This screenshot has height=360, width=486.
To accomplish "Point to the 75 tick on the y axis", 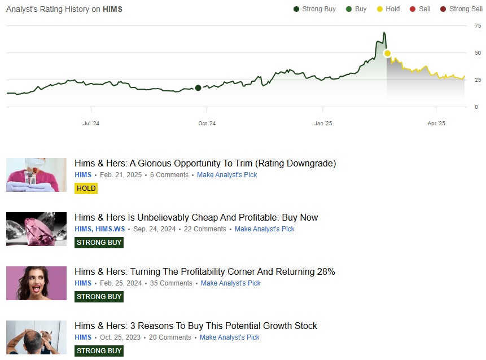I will [478, 26].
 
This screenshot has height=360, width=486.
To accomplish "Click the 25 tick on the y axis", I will [478, 80].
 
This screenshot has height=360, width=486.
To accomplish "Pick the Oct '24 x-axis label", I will [207, 123].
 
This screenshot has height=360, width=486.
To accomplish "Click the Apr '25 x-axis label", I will [436, 123].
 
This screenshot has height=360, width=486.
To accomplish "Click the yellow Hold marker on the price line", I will [387, 53].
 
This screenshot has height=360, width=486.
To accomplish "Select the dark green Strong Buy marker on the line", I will [198, 87].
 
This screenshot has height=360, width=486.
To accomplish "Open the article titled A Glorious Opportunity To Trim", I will [205, 164].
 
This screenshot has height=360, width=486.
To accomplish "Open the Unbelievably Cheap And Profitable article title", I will [196, 218].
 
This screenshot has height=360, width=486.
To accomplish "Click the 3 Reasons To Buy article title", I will [195, 326].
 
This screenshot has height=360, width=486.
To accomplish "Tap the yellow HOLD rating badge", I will [86, 188].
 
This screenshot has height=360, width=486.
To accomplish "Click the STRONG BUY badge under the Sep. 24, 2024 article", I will [99, 242].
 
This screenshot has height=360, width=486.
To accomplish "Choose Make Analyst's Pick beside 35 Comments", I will [230, 283].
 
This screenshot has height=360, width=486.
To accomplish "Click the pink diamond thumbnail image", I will [36, 229].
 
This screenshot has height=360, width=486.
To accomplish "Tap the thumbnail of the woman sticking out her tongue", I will [36, 283].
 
